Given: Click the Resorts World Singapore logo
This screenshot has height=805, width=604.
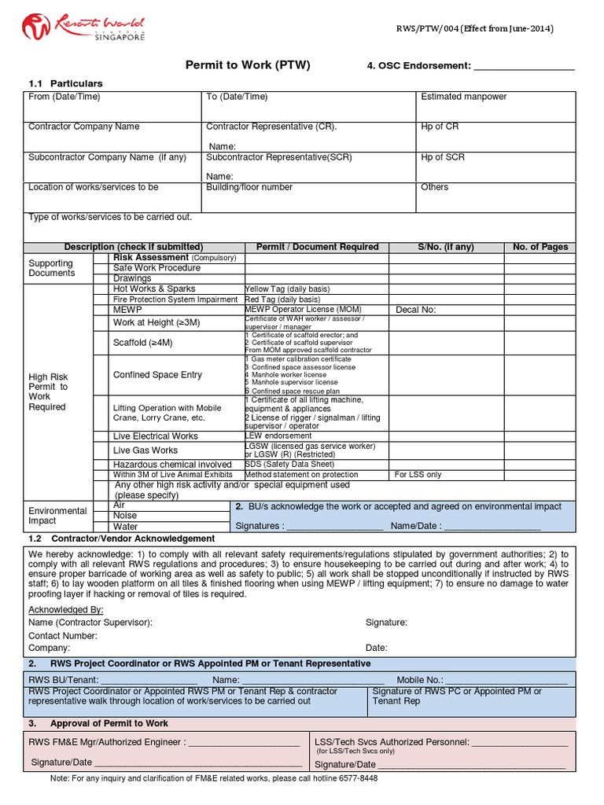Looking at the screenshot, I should coord(84,28).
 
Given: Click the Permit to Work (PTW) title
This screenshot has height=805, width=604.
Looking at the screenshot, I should coord(247,65).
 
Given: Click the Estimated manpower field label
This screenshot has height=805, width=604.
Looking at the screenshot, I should coord(463,97).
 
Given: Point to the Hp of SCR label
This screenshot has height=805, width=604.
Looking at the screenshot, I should coord(443,157).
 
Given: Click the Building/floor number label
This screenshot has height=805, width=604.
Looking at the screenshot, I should coord(249,187).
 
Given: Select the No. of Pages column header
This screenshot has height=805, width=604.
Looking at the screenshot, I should coord(540,247).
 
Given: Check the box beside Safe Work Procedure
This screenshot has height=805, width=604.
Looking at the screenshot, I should coord(101,268).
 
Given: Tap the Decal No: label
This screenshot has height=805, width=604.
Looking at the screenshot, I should coord(415,310).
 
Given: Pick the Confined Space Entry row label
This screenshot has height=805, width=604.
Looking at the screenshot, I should coord(157,375).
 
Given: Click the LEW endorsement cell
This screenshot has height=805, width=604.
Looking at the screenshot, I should coord(278,436).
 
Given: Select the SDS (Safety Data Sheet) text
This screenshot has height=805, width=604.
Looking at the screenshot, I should coord(289,465).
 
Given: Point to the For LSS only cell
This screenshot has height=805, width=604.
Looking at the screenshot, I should coord(418,475).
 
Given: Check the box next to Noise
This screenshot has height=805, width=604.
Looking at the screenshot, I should coord(101,516).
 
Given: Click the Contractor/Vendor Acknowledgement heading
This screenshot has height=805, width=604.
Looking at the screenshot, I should coord(132,539).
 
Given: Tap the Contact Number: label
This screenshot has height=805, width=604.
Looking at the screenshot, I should coord(63,635).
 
